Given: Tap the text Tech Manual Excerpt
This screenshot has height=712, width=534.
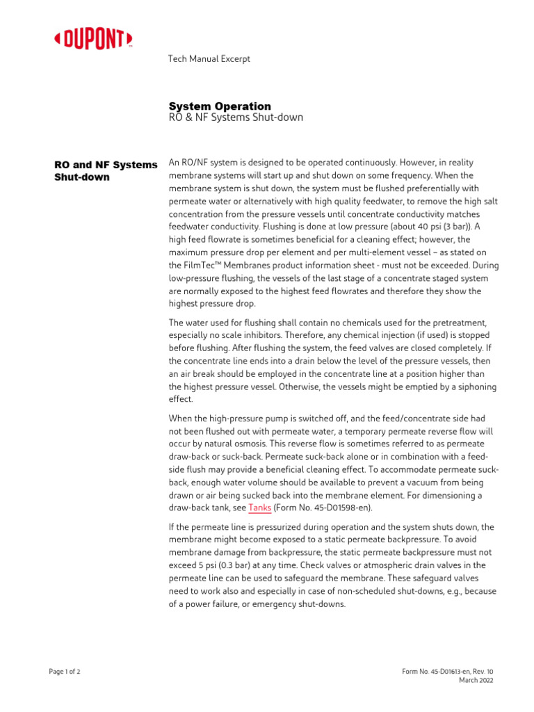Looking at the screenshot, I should (x=209, y=59).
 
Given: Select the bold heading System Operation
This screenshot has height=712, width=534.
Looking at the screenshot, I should (x=220, y=106).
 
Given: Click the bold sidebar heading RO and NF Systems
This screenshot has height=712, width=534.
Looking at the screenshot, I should (x=106, y=165).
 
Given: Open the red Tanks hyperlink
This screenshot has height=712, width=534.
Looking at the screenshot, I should (x=259, y=508).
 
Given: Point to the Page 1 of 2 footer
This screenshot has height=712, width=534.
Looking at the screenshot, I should (x=65, y=671).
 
